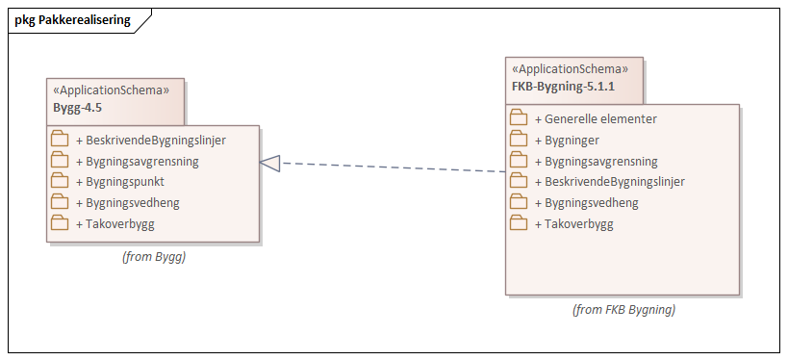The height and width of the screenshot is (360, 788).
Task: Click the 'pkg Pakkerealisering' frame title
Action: [72, 20]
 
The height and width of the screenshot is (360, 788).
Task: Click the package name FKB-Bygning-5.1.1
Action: [563, 87]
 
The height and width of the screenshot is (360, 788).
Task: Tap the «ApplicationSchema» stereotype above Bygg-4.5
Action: [111, 90]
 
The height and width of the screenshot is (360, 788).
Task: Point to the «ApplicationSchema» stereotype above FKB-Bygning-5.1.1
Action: [570, 69]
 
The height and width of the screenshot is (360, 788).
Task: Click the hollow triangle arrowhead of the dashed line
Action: [270, 164]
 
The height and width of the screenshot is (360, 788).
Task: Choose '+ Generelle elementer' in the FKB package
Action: [596, 119]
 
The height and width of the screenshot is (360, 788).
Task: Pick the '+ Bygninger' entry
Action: [573, 141]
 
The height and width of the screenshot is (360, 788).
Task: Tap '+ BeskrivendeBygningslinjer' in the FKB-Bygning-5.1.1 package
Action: [609, 182]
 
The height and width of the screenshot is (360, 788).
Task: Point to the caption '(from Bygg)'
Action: [153, 257]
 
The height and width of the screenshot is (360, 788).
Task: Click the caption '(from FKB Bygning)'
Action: [623, 310]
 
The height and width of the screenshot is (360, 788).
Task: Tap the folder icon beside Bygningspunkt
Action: [60, 181]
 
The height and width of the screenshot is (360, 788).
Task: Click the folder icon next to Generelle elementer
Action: [519, 118]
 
